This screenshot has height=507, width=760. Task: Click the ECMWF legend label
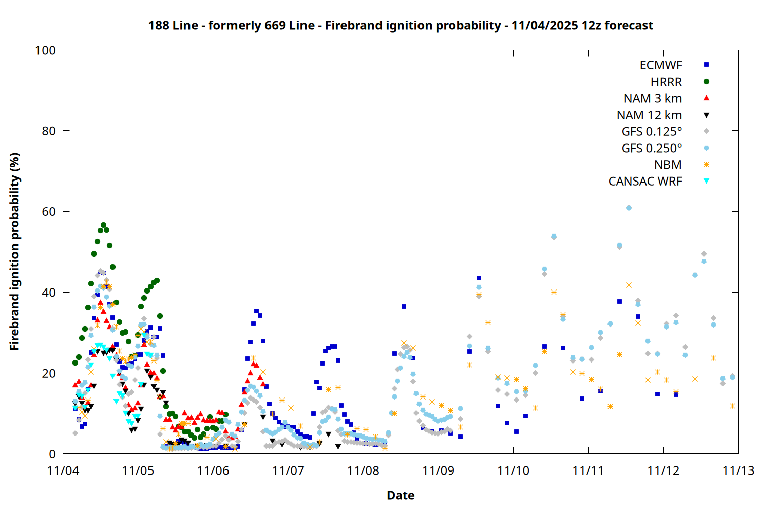(661, 65)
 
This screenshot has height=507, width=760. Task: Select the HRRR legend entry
(666, 82)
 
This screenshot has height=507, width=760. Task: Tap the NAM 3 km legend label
(653, 98)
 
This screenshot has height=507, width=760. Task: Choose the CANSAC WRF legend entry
(645, 182)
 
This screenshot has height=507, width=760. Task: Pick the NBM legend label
(668, 165)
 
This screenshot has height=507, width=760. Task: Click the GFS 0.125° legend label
(652, 132)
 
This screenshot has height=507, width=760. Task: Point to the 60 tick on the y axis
(49, 212)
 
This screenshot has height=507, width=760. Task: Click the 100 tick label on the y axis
(45, 50)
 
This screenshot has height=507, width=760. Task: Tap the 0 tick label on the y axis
(52, 454)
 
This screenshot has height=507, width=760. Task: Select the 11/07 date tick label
(288, 470)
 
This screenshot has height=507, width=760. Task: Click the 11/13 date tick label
(738, 470)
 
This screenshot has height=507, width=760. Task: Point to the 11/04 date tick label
(63, 470)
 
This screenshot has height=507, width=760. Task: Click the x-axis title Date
(400, 495)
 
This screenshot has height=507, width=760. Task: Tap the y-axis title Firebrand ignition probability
(14, 251)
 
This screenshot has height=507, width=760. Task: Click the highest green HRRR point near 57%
(103, 225)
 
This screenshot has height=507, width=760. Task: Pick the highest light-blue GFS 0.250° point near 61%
(629, 208)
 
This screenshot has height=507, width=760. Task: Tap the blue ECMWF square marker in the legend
(706, 65)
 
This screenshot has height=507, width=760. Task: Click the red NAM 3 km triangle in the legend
(706, 98)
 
